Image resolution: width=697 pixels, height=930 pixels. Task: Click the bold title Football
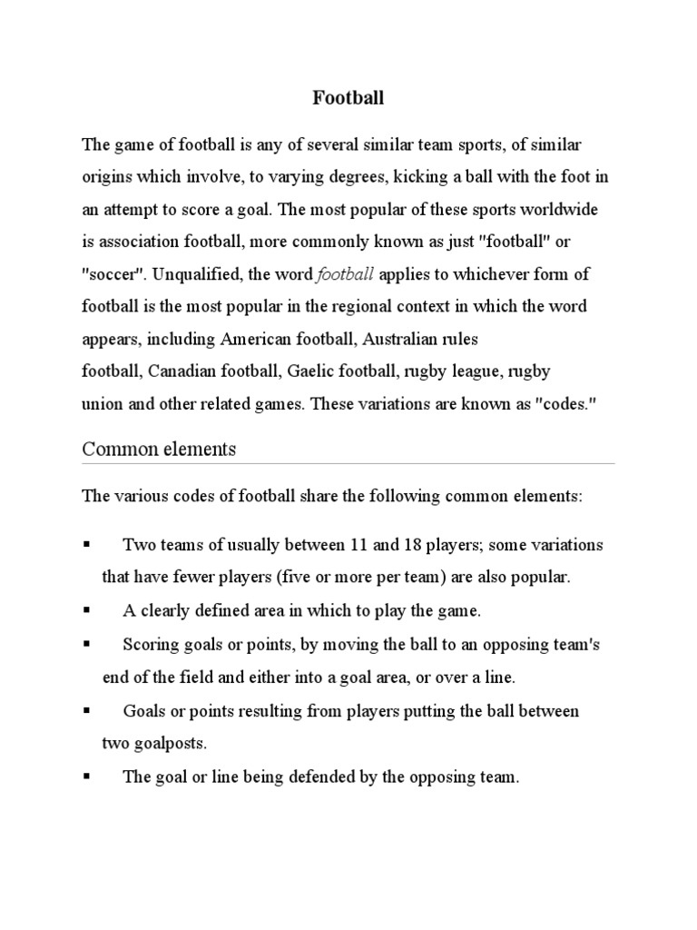348,99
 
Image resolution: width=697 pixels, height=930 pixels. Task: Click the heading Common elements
159,449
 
